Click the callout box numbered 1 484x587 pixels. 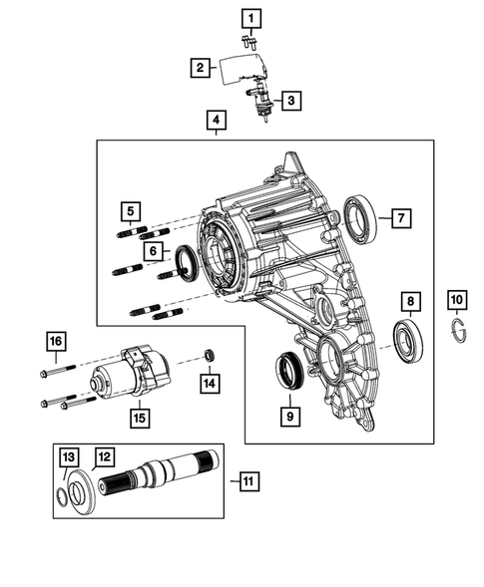[x=250, y=17]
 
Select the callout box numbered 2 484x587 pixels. [x=201, y=67]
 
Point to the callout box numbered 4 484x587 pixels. [x=215, y=122]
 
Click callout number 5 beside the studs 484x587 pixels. [x=129, y=210]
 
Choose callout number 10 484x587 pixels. [x=456, y=298]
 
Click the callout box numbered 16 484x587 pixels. [x=55, y=343]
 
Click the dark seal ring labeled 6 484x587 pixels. [x=186, y=263]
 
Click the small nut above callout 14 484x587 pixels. [x=207, y=355]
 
